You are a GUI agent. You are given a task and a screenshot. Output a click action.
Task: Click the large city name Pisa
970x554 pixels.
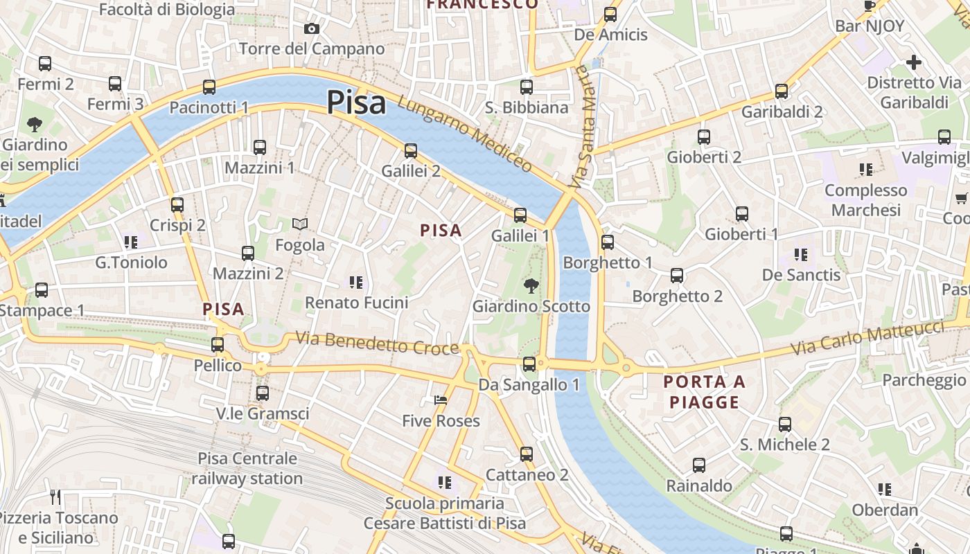356,102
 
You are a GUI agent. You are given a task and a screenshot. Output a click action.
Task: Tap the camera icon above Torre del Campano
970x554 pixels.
312,28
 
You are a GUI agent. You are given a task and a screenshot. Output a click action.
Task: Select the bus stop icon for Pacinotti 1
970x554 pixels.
209,87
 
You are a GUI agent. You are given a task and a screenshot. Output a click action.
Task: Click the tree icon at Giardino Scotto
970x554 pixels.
531,285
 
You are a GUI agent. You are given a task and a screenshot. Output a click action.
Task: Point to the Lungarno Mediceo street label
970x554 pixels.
465,134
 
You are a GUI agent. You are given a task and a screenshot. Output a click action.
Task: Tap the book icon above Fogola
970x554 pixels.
299,224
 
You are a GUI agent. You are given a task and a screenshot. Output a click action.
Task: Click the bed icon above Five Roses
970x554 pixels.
441,400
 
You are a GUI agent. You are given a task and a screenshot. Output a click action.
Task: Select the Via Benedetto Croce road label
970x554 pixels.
378,343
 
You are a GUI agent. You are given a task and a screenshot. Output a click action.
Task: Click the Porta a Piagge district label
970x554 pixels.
705,392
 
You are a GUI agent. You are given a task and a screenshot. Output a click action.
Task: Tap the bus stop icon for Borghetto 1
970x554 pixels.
608,242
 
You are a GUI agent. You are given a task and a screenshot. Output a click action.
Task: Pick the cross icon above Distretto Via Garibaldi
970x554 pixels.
914,62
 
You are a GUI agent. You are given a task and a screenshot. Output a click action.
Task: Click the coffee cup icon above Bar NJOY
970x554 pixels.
870,6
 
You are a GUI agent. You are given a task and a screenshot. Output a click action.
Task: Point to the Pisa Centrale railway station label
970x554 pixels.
247,468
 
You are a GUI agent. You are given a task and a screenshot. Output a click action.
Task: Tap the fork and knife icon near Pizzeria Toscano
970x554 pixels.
56,497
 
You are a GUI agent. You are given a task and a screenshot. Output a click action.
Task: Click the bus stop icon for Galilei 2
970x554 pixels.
411,150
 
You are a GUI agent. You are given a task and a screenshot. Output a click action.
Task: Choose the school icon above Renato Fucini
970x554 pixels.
356,282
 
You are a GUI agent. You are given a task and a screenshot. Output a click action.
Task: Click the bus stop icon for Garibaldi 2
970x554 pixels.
782,91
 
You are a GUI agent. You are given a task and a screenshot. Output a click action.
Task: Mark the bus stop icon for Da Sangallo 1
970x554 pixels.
529,364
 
